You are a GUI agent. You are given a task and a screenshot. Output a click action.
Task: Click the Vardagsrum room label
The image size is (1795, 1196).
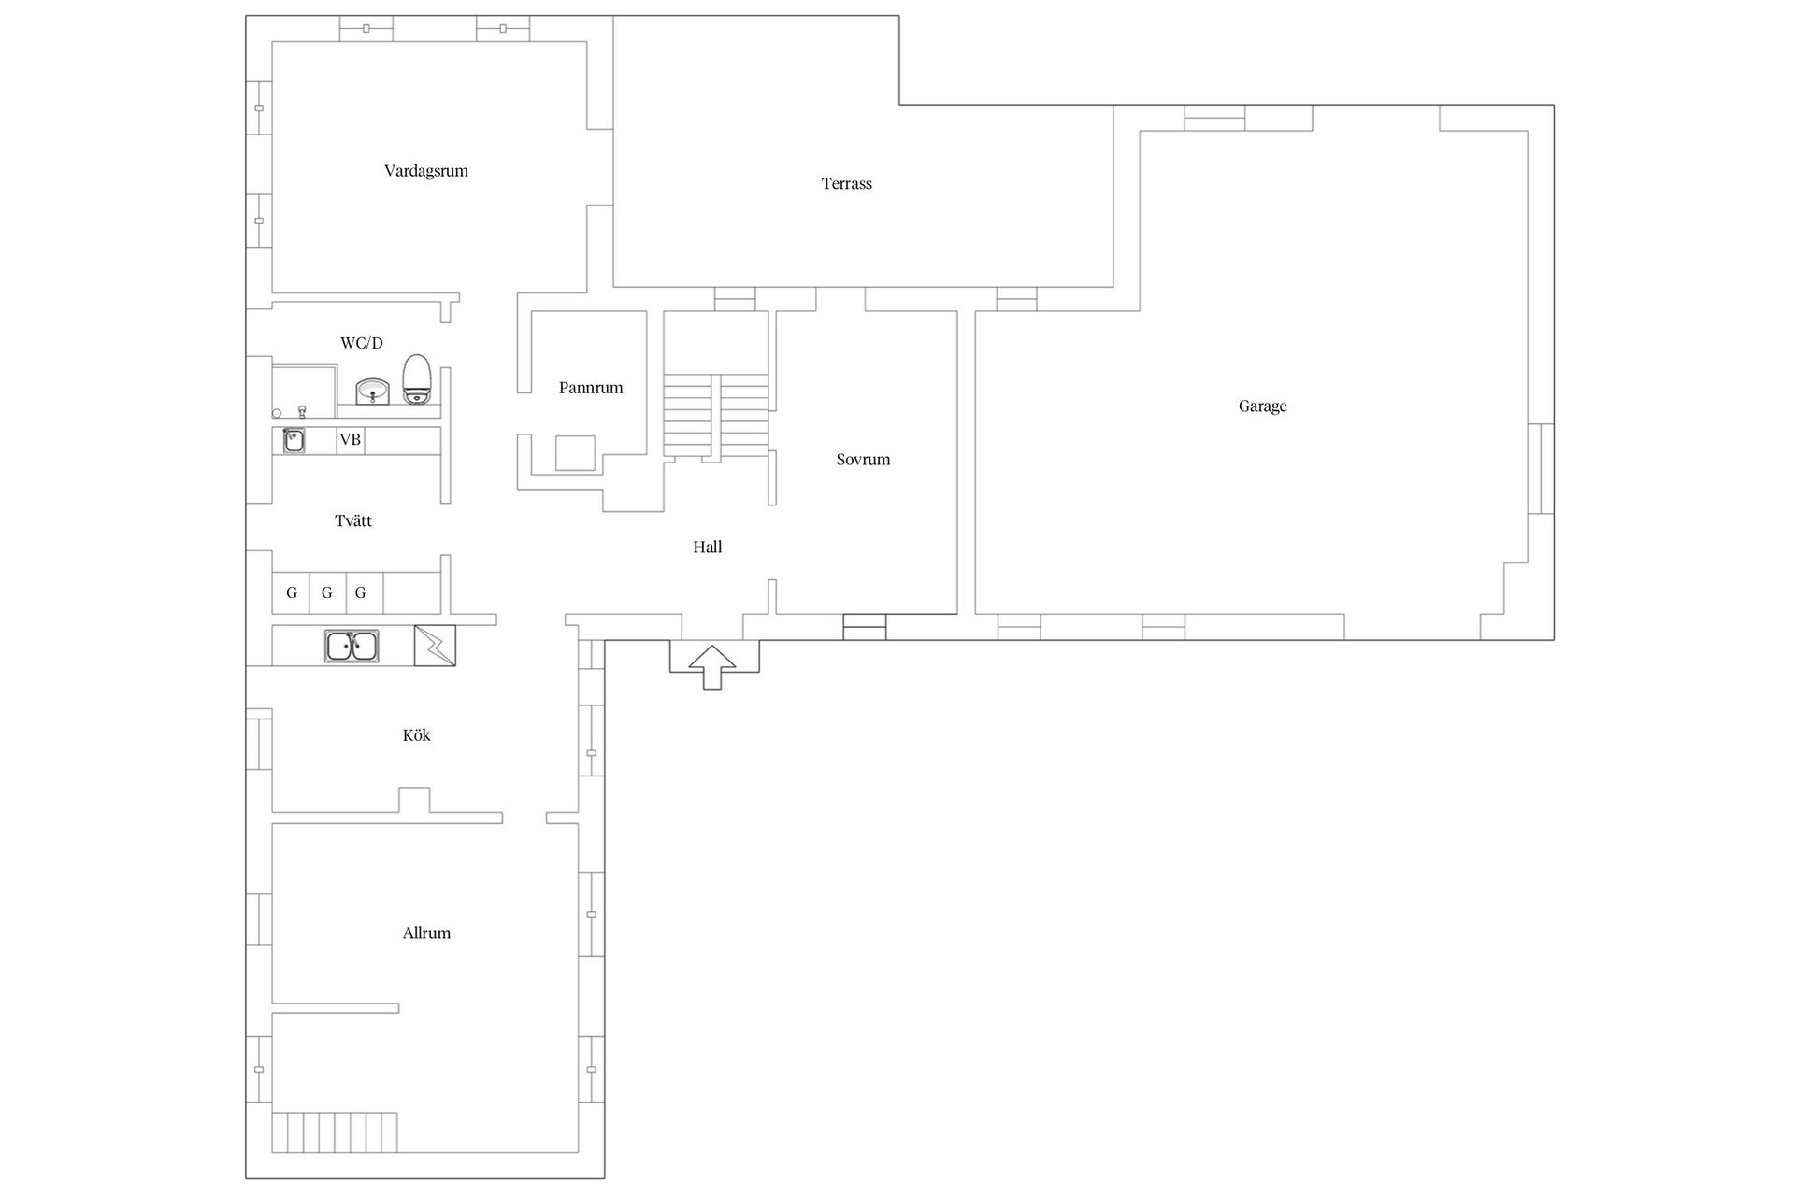coord(425,171)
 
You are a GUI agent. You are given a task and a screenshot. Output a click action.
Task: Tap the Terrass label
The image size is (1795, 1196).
coord(846,184)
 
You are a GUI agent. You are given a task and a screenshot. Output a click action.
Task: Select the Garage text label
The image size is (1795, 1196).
coord(1262,406)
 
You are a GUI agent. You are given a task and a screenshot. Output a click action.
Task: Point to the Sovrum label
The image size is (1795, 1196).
coord(863,460)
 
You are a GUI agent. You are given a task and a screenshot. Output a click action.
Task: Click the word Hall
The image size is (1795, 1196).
coord(708,548)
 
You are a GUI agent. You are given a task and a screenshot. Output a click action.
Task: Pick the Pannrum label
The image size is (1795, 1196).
coord(591,388)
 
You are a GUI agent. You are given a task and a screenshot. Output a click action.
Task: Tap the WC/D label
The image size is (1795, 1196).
coord(362,343)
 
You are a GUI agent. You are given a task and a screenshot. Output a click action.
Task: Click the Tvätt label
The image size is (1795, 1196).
coord(353,521)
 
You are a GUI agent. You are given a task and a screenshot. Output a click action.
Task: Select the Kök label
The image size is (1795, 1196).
coord(416,735)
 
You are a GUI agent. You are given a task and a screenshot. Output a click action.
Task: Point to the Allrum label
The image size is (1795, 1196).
coord(426,933)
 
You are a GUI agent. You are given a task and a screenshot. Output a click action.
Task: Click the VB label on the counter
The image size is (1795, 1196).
coord(350,439)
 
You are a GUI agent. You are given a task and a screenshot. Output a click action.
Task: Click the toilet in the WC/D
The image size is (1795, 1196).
coord(417,378)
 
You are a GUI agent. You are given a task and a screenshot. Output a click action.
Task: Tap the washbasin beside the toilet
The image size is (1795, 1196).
coord(373,392)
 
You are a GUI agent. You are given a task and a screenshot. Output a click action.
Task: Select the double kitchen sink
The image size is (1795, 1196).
coord(352,646)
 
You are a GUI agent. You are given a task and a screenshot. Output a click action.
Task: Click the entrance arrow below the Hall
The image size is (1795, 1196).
coord(712,667)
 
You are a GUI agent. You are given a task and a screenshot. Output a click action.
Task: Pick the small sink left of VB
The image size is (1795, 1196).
coord(294,440)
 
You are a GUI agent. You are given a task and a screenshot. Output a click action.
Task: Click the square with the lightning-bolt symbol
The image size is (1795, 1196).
coord(435,646)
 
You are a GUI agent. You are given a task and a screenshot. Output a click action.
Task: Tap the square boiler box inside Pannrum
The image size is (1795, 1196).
coord(575,453)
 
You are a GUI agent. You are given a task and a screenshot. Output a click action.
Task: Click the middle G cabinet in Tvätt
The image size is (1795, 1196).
coord(326,592)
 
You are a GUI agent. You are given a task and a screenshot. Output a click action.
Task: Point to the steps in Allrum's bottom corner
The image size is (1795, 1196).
coord(335,1132)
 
